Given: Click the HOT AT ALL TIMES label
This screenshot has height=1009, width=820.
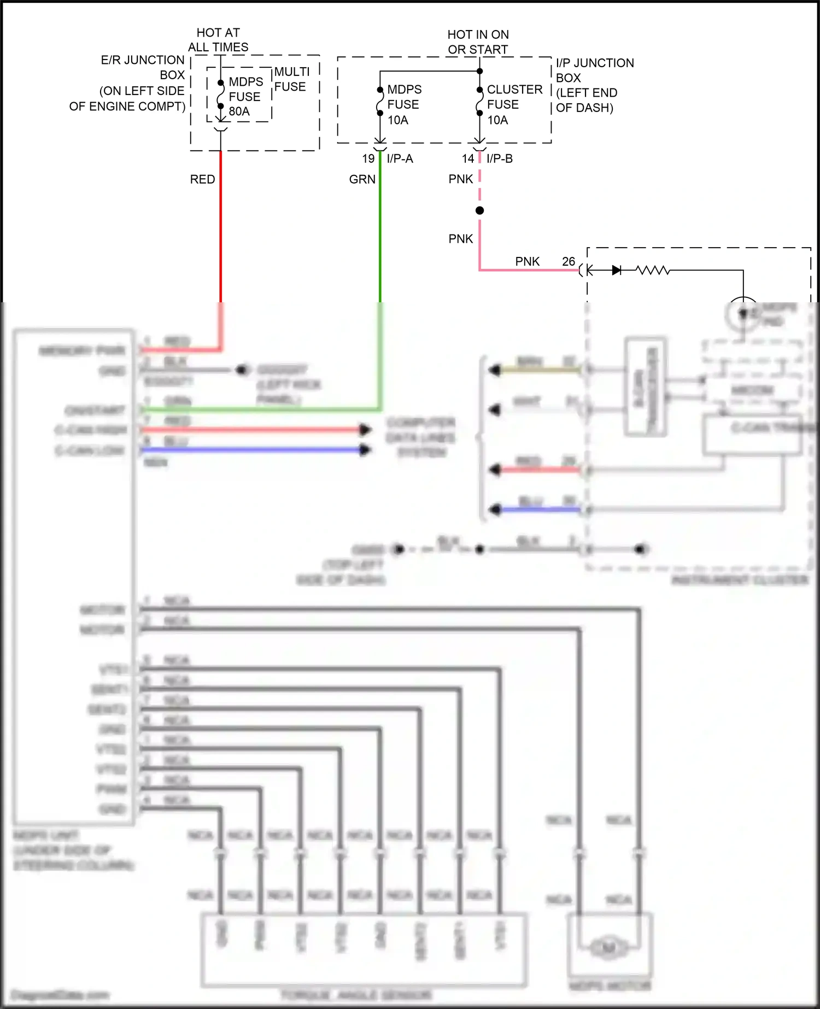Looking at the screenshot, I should pos(218,40).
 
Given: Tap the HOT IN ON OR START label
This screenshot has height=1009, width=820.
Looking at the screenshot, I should pos(478,42).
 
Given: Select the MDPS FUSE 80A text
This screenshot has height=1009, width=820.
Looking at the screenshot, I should pos(245,97).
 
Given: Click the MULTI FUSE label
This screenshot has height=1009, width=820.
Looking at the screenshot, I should pos(291,79).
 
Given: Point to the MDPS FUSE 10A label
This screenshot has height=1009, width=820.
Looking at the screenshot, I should pos(404,104).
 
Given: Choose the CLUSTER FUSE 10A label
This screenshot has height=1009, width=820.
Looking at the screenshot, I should pos(514,104).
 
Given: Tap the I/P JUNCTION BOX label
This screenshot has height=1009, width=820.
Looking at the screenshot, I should pos(595,85).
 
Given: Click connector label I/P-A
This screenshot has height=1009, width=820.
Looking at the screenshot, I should pos(400,159).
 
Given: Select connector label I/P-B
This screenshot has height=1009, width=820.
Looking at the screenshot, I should pos(500,159).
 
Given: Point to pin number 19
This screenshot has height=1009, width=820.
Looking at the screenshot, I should pos(368,159).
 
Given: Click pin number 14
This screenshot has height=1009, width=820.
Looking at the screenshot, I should pos(468,159).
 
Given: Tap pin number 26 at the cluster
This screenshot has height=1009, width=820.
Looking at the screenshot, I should pos(569,261).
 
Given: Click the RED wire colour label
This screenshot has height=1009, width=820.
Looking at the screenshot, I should pos(202,179).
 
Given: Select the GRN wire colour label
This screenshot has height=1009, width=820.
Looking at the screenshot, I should pos(362,179).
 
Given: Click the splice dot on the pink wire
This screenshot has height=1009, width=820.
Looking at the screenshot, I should pos(479,210).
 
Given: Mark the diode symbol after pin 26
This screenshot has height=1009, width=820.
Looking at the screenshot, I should pos(616,270).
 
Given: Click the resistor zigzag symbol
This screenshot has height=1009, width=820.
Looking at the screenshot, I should pos(653,270).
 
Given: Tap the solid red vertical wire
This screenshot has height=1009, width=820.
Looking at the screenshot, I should pos(221,230).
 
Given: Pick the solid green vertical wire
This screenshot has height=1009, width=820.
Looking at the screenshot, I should pos(380,230).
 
